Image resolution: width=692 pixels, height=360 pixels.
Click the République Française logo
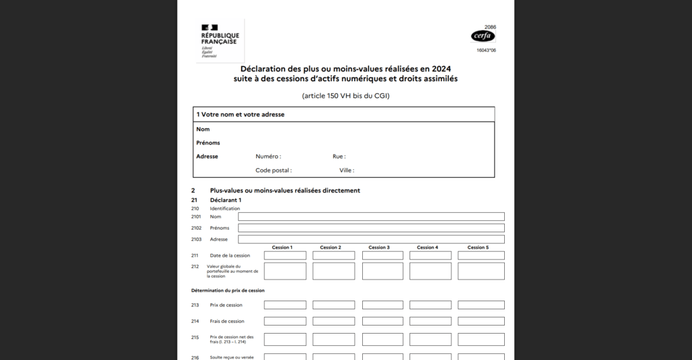tap(220, 40)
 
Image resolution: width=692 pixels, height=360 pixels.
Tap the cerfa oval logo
tap(483, 36)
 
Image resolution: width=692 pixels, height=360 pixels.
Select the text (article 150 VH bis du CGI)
tap(345, 95)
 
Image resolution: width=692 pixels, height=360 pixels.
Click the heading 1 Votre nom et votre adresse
tap(241, 114)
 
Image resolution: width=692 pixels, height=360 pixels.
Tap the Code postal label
tap(274, 170)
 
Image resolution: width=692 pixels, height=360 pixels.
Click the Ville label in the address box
tap(347, 170)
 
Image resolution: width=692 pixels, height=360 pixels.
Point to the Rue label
tap(339, 156)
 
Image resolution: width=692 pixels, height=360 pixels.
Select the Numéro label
tap(268, 156)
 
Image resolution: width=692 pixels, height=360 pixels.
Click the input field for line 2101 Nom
tap(371, 217)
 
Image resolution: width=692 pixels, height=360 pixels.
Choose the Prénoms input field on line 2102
tap(371, 228)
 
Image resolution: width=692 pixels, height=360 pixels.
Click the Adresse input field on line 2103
tap(371, 239)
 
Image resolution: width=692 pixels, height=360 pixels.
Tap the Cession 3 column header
tap(378, 247)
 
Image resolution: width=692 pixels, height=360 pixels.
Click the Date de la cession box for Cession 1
tap(285, 255)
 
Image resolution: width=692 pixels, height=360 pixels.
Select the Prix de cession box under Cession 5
tap(481, 305)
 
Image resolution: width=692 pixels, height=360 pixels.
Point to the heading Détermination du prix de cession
tap(228, 290)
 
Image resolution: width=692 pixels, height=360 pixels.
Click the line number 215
tap(195, 337)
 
